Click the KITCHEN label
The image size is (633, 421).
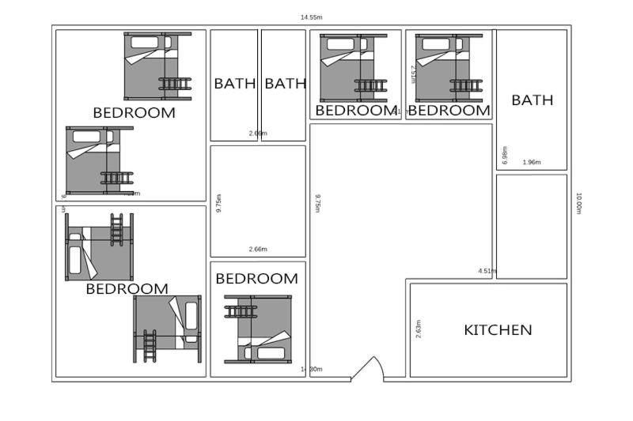pos(498,330)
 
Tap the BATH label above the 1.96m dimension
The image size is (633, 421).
pos(532,100)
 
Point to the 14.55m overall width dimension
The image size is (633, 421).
pos(311,17)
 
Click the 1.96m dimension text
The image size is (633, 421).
pos(532,162)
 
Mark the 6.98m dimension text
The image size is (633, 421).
pos(504,156)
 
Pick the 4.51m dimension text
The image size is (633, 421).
pos(487,271)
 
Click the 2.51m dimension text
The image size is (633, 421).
pos(414,73)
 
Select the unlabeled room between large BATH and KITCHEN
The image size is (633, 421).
pos(531,227)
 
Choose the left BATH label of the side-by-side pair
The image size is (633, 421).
pos(234,83)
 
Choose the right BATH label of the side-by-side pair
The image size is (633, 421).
pos(285,83)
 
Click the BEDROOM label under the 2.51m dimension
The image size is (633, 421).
pos(449,111)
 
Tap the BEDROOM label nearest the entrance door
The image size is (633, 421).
pos(256,279)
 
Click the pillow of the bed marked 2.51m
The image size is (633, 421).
pos(433,43)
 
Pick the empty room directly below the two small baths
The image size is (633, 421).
pos(258,201)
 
